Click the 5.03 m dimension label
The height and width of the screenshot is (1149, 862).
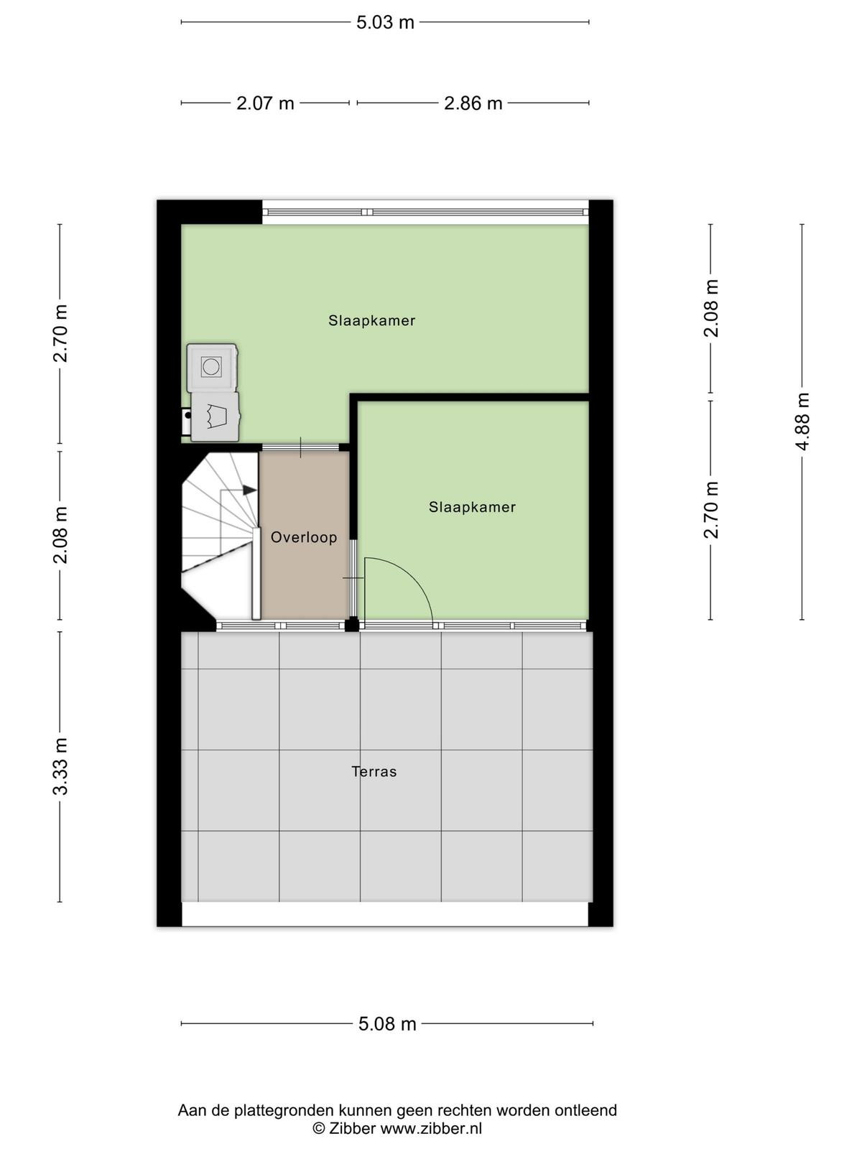coord(385,22)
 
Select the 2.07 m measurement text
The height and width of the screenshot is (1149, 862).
coord(265,103)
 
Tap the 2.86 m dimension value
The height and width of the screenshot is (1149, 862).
coord(473,103)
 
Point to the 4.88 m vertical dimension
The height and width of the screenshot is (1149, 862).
coord(802,422)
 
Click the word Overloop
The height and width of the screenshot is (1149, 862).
coord(304,538)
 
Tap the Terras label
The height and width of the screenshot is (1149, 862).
coord(374,771)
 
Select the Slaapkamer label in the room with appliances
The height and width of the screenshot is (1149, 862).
coord(371,320)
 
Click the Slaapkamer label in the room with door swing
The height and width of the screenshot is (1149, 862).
coord(472,507)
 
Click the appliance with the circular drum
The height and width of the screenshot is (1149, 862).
coord(212,367)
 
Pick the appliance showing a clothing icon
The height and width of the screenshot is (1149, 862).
coord(215,417)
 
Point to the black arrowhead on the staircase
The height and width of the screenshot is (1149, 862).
coord(249,490)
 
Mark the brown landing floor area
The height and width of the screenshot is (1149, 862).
coord(305,535)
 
